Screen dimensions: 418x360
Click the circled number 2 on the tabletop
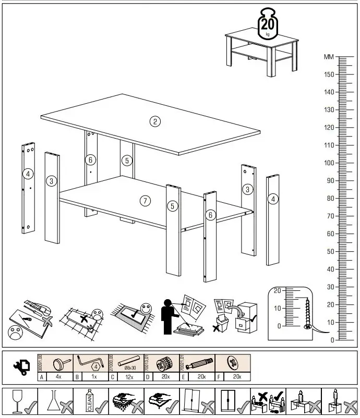[x=155, y=122]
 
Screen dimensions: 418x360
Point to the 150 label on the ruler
[x=329, y=75]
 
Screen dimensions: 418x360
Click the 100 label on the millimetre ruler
[x=329, y=163]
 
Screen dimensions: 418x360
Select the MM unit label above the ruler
[x=329, y=57]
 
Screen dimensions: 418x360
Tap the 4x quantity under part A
[x=59, y=376]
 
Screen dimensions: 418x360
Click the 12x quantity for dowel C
[x=128, y=376]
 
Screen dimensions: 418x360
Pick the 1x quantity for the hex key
[x=94, y=376]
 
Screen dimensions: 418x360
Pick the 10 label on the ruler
[x=329, y=322]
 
